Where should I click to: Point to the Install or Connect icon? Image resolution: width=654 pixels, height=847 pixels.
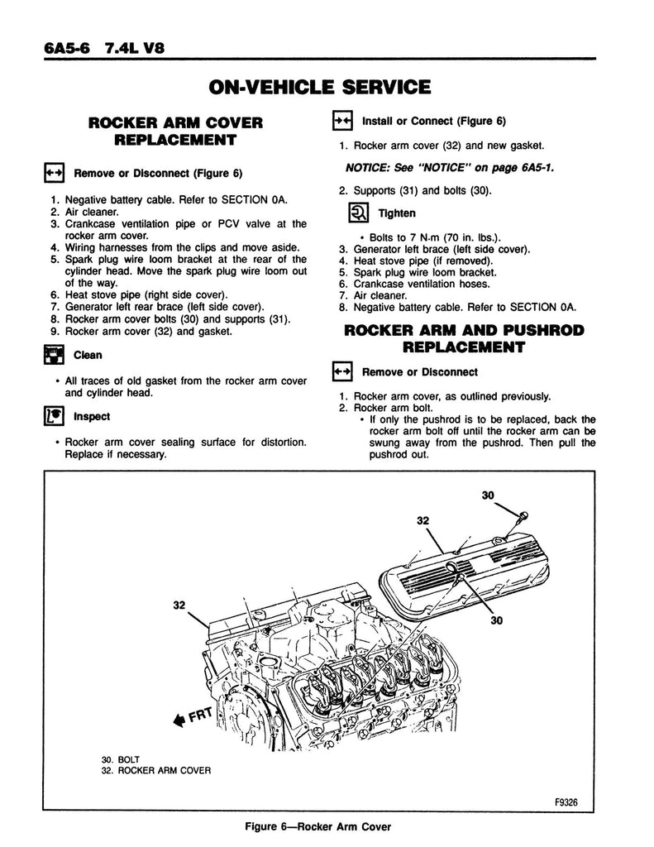(342, 121)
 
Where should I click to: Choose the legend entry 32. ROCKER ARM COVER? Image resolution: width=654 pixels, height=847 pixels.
(154, 770)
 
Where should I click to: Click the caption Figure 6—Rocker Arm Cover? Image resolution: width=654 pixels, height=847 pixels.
(327, 826)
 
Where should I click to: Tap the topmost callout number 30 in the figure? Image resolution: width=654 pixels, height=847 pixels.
(488, 495)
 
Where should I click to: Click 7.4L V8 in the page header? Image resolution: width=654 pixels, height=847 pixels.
(136, 47)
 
